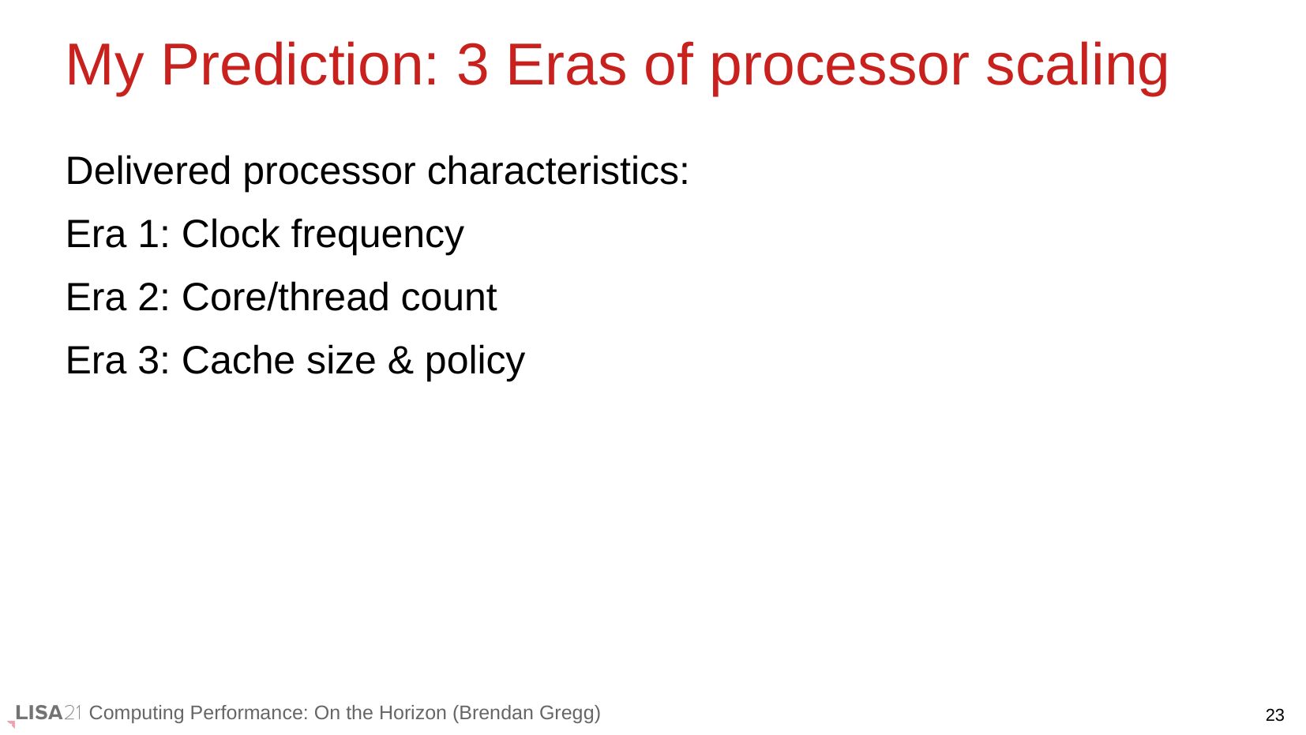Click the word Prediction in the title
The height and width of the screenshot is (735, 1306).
299,65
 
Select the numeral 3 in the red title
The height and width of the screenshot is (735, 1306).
472,66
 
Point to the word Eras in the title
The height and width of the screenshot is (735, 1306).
566,66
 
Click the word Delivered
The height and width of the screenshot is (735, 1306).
148,171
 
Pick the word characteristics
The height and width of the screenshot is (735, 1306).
558,171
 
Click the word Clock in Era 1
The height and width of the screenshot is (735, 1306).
231,234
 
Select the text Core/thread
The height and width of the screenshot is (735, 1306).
285,298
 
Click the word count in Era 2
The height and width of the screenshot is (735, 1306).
448,298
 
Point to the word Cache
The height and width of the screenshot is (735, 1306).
238,360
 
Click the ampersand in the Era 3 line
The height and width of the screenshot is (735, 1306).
400,360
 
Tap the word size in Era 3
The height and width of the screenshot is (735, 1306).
341,360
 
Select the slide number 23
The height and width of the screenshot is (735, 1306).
1274,714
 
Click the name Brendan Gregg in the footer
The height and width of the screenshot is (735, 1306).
526,713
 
